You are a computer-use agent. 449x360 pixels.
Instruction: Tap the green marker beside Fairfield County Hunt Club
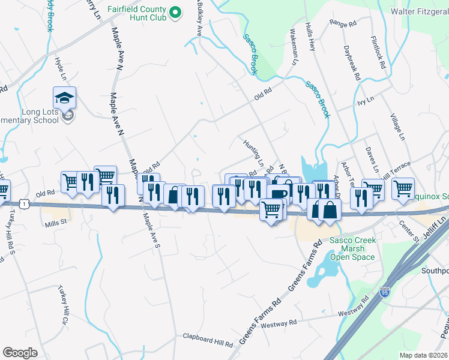click(175, 12)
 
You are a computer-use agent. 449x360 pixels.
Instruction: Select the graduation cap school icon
click(65, 97)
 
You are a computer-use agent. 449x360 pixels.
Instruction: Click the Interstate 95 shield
click(384, 293)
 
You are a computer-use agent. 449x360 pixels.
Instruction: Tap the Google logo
click(20, 353)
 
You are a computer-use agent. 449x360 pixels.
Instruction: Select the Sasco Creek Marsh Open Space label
click(353, 249)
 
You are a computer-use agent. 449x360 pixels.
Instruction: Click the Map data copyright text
click(424, 355)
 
